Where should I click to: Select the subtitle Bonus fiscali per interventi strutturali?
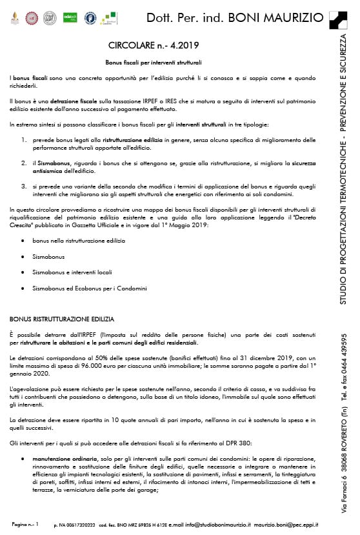click(x=154, y=63)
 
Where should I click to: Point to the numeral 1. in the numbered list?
click(x=24, y=139)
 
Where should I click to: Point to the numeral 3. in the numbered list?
click(x=24, y=186)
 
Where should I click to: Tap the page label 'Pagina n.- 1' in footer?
click(x=26, y=525)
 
